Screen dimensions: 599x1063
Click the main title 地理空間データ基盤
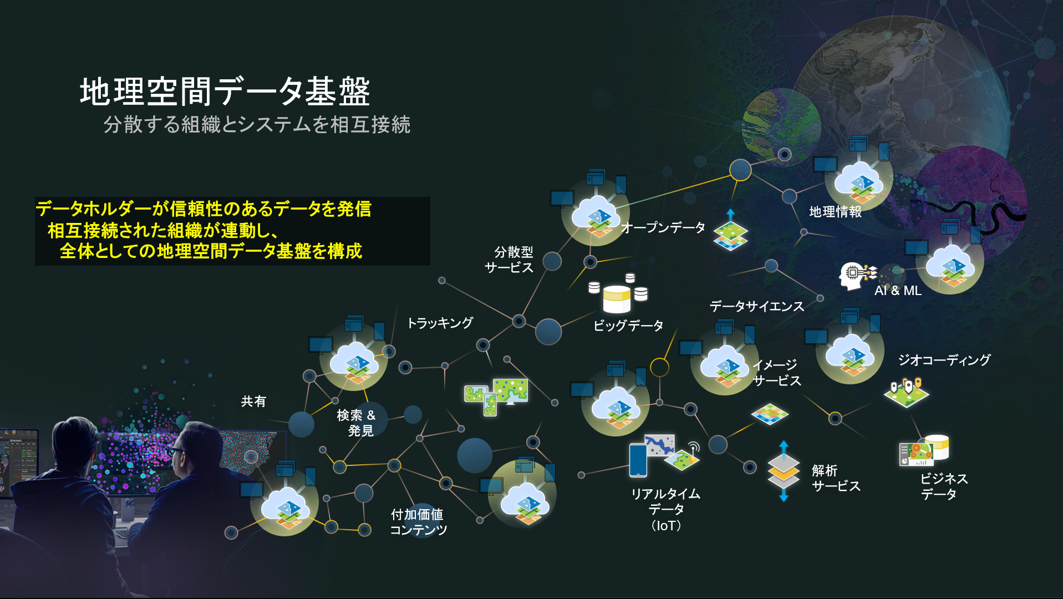click(225, 92)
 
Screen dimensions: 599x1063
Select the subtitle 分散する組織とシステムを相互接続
click(256, 124)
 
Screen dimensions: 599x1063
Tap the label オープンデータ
click(663, 227)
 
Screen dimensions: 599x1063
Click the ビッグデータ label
click(628, 326)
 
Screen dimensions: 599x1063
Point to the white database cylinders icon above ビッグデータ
click(618, 294)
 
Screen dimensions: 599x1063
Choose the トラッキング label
click(440, 323)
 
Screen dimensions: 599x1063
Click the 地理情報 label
click(835, 211)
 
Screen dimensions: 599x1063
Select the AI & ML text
click(898, 291)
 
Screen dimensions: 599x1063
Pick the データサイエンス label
click(756, 306)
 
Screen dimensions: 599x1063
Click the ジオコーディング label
click(944, 360)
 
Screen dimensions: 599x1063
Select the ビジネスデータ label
click(943, 486)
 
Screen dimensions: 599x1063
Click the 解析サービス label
click(836, 478)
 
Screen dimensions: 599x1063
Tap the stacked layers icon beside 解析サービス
click(784, 471)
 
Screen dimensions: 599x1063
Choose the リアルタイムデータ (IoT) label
click(665, 509)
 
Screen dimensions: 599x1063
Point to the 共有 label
click(253, 401)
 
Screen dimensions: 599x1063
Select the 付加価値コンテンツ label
click(418, 522)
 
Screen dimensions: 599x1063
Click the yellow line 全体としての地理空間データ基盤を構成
click(211, 251)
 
